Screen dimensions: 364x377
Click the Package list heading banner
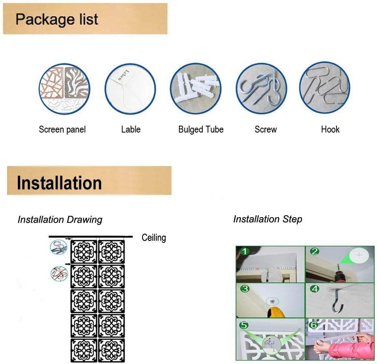[x=85, y=19]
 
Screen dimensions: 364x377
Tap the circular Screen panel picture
[x=64, y=88]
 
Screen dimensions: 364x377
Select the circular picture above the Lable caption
[x=130, y=88]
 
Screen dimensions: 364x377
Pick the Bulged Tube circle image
[x=196, y=88]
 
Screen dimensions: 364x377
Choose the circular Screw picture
[x=262, y=88]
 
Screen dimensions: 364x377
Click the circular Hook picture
[x=325, y=88]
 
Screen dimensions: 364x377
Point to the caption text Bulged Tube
[x=201, y=130]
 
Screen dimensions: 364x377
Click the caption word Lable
[x=131, y=130]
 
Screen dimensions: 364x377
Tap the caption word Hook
[x=330, y=130]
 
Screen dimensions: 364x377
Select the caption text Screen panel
[x=62, y=130]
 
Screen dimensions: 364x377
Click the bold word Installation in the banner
[x=59, y=183]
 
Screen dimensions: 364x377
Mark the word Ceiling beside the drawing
[x=154, y=238]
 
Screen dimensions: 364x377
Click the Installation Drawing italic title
[x=60, y=220]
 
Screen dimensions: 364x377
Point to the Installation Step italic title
[x=268, y=219]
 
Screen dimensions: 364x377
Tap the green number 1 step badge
[x=244, y=252]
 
